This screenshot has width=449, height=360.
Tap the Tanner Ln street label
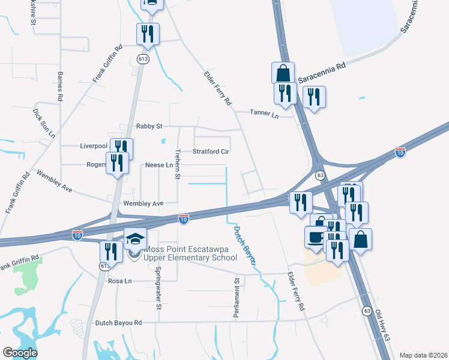265,114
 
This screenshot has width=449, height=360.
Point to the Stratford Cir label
211,152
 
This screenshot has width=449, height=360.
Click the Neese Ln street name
159,165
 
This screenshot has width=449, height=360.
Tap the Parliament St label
237,298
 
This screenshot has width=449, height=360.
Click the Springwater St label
159,293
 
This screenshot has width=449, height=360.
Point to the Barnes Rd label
60,86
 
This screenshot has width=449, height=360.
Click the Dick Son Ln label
44,124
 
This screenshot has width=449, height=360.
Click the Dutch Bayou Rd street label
118,323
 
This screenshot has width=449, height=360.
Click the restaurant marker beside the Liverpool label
121,148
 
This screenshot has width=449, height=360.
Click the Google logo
20,353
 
